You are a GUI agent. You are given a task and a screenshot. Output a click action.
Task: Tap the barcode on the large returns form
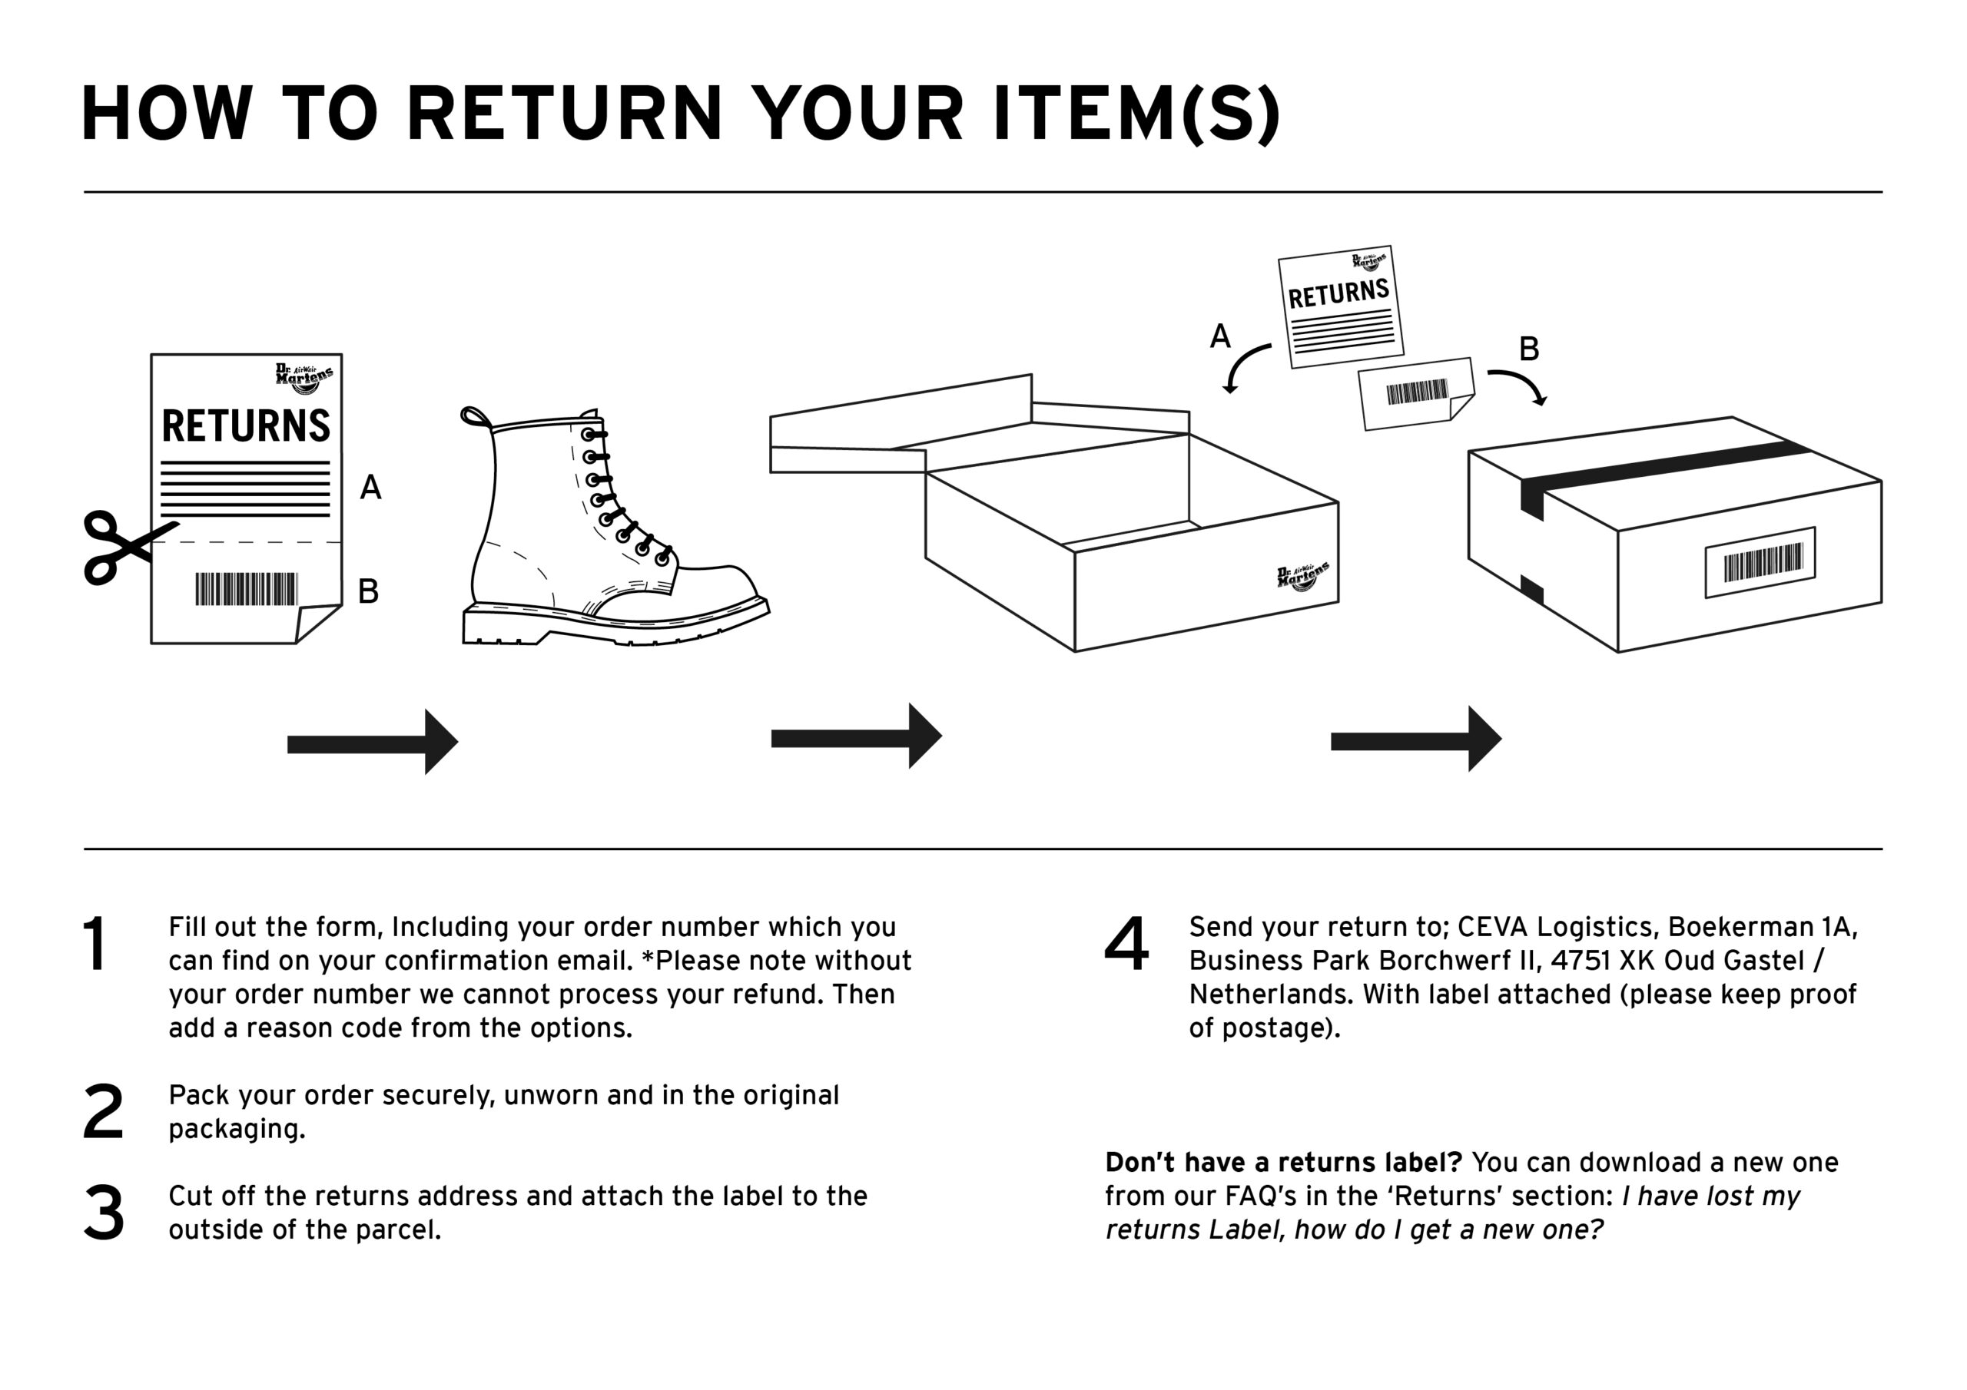coord(247,589)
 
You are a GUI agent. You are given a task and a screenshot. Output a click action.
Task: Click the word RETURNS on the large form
coord(246,425)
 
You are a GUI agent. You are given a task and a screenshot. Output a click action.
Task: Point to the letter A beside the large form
coord(370,488)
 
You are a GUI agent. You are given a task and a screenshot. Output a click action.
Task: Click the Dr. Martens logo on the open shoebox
coord(1302,577)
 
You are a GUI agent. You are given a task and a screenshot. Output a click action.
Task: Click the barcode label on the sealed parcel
coord(1760,563)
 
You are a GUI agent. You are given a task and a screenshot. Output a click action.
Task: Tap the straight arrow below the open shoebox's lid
coord(857,736)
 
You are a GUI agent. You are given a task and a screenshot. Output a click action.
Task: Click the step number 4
coord(1126,944)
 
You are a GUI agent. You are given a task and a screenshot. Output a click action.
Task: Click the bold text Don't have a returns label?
coord(1282,1162)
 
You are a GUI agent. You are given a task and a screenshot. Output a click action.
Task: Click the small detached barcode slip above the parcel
coord(1415,393)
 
